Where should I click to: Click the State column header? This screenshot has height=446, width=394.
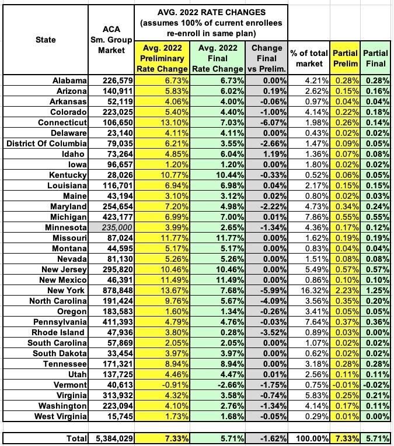[45, 40]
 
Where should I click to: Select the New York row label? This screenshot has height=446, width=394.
[68, 290]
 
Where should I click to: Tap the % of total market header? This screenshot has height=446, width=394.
[309, 58]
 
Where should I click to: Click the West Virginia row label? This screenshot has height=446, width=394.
[58, 416]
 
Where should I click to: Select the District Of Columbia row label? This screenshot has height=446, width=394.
[47, 143]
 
